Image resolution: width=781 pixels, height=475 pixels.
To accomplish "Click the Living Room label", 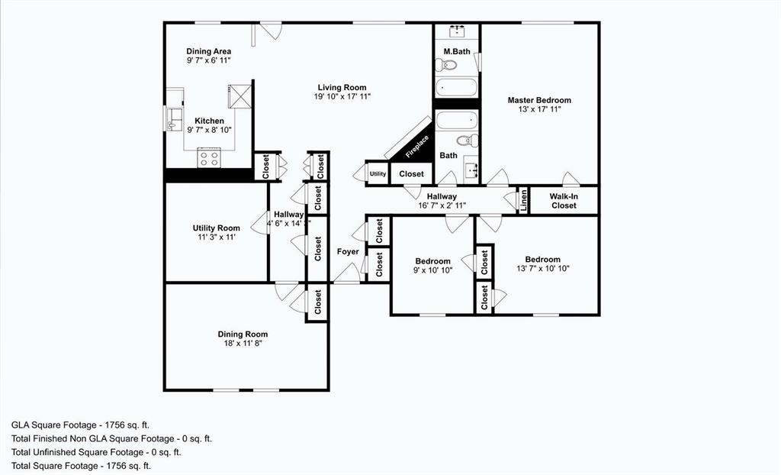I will tap(340, 87).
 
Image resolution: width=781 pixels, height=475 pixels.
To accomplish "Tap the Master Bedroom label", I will tap(539, 100).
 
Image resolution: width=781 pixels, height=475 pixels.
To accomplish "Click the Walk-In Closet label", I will tap(564, 200).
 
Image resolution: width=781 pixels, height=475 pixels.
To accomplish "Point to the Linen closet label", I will tap(523, 200).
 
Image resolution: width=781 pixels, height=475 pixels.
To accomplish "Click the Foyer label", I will tap(348, 251).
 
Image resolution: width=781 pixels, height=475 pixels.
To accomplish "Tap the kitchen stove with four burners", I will tap(209, 158).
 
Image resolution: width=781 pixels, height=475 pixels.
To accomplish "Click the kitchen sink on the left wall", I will tap(172, 119).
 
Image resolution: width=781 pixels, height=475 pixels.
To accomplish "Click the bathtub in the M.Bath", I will tap(456, 86).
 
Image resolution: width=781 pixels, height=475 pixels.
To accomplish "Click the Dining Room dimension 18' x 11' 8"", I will tap(243, 344).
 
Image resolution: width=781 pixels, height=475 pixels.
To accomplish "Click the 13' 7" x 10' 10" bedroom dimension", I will tap(542, 269).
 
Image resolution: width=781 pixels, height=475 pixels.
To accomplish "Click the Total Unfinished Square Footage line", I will tap(96, 452).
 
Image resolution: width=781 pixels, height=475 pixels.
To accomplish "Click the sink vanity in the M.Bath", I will tap(457, 31).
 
